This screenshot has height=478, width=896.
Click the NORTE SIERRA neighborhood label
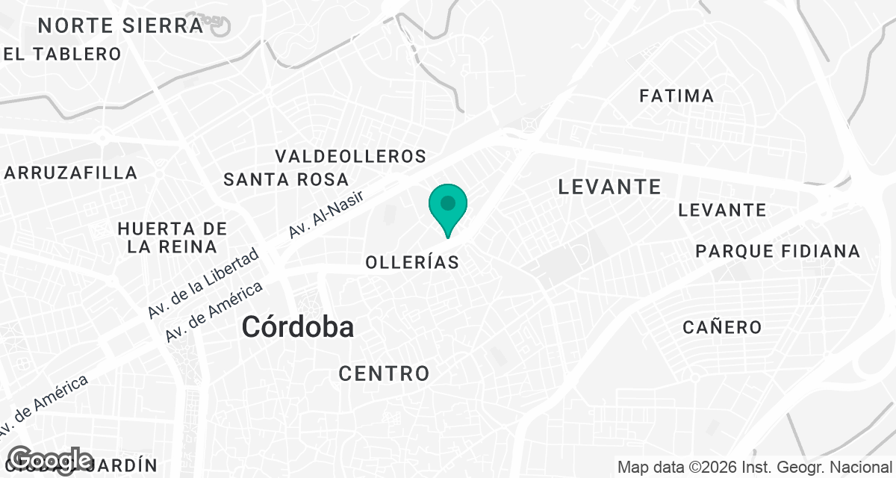pyautogui.click(x=120, y=25)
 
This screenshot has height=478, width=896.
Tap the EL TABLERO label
pyautogui.click(x=62, y=54)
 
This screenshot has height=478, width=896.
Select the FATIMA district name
pyautogui.click(x=676, y=96)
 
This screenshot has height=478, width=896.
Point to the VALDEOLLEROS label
pyautogui.click(x=350, y=156)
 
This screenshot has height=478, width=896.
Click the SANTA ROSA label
pyautogui.click(x=286, y=179)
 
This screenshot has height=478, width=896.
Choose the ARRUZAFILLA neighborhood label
pyautogui.click(x=71, y=173)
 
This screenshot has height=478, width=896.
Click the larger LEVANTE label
pyautogui.click(x=609, y=187)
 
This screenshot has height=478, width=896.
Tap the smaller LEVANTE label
pyautogui.click(x=722, y=210)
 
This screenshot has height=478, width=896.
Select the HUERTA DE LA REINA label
pyautogui.click(x=172, y=237)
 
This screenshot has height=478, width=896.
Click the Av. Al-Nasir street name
pyautogui.click(x=326, y=215)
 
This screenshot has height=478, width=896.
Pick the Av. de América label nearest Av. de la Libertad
pyautogui.click(x=214, y=312)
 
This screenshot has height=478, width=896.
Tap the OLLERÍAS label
pyautogui.click(x=411, y=262)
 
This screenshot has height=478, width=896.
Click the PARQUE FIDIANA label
pyautogui.click(x=777, y=251)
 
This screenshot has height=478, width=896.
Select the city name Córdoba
pyautogui.click(x=297, y=326)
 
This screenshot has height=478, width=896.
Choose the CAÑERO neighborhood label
pyautogui.click(x=722, y=327)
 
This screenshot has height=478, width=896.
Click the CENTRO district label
pyautogui.click(x=384, y=373)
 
